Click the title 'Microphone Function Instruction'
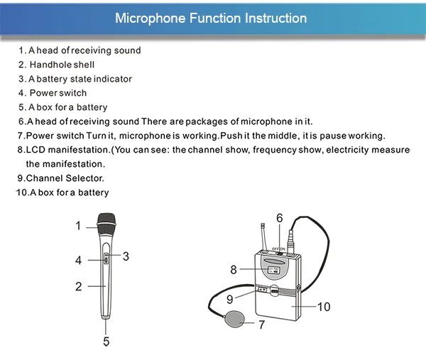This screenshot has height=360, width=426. pos(211,18)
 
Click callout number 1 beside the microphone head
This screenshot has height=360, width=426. pos(78,226)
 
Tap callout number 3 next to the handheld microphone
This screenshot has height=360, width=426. pos(125,256)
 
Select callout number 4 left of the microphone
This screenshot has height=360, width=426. pos(79,261)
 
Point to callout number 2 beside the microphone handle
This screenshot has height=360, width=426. pos(79,287)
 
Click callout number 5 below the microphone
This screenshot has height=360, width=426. pos(106,342)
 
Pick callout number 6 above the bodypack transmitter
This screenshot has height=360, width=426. pos(280,217)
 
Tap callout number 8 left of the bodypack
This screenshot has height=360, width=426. pos(233,270)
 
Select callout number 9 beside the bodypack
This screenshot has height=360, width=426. pos(230,300)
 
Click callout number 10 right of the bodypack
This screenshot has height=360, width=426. pos(323,307)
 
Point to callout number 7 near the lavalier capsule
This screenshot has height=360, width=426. pos(261,326)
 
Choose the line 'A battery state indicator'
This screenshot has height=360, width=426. pos(80,79)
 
